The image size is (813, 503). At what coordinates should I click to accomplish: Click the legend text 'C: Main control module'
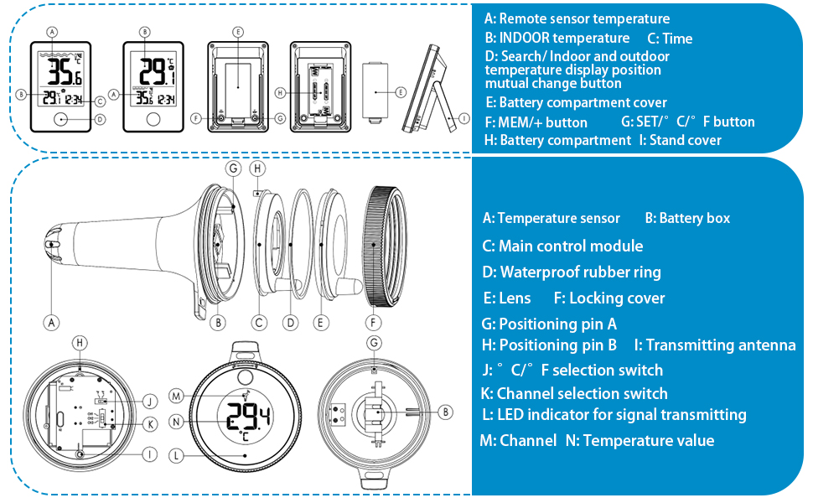[562, 246]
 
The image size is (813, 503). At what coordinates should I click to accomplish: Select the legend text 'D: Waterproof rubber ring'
[572, 272]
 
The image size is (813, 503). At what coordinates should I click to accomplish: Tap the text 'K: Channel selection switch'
[573, 393]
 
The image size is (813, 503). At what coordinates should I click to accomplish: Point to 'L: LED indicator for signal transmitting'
[614, 415]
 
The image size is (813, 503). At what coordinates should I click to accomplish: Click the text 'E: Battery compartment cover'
[576, 102]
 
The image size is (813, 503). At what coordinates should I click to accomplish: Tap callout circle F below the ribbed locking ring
[373, 322]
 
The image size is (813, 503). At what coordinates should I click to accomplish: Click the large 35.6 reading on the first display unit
[64, 72]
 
